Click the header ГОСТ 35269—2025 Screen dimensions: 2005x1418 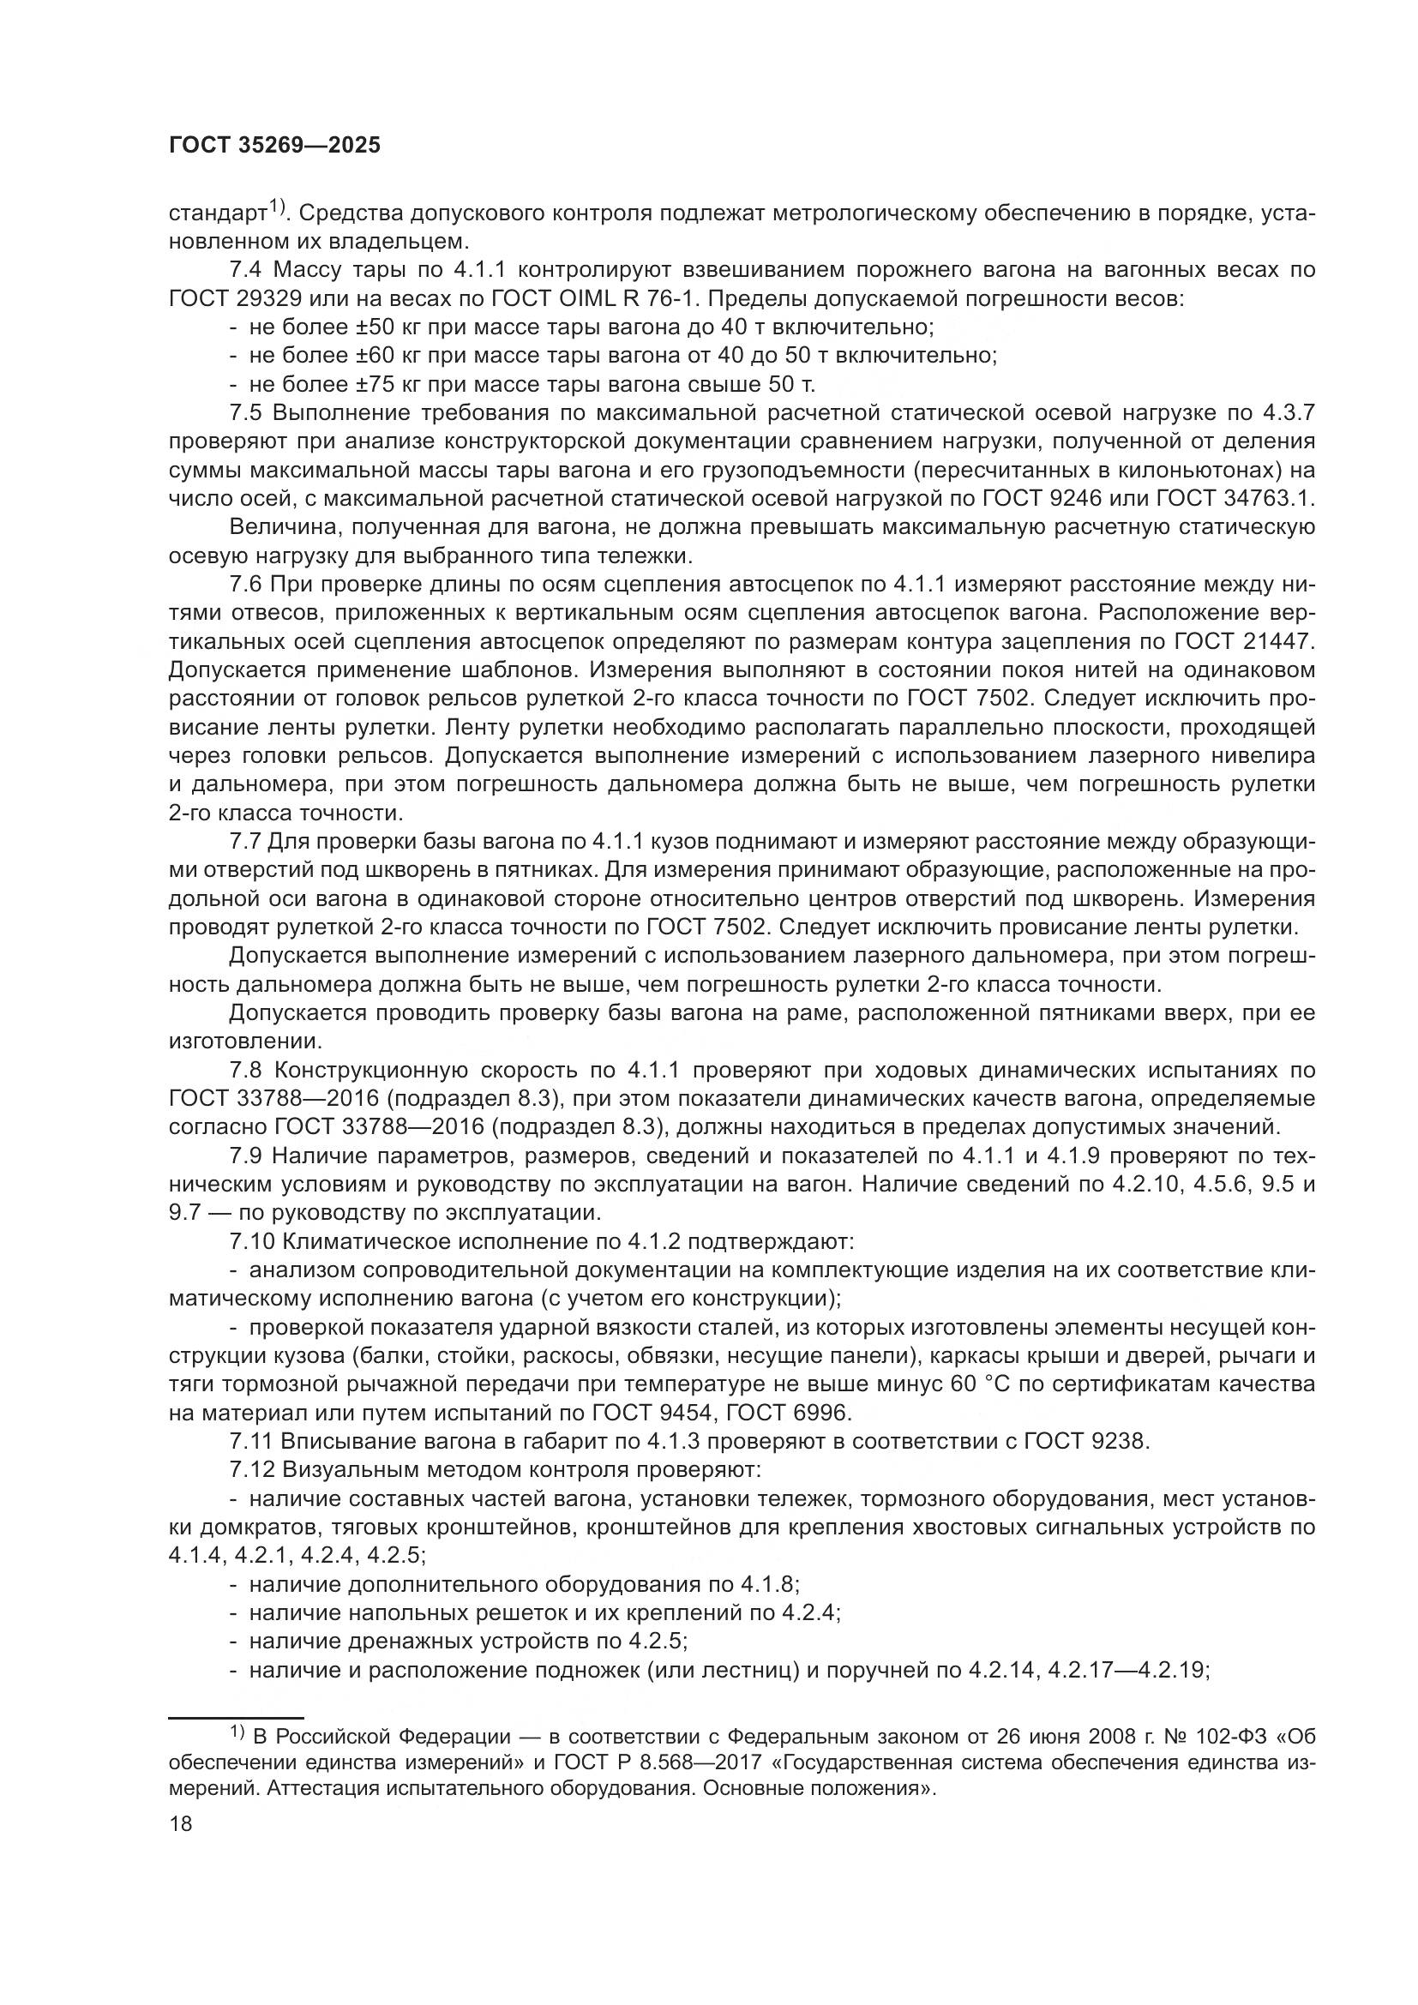tap(274, 145)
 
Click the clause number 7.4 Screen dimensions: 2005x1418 tap(246, 270)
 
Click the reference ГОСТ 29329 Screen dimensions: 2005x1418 tap(235, 298)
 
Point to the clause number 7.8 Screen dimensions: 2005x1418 tap(246, 1070)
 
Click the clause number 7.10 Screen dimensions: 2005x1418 tap(251, 1241)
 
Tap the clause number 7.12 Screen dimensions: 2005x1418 tap(251, 1470)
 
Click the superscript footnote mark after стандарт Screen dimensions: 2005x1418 tap(277, 207)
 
